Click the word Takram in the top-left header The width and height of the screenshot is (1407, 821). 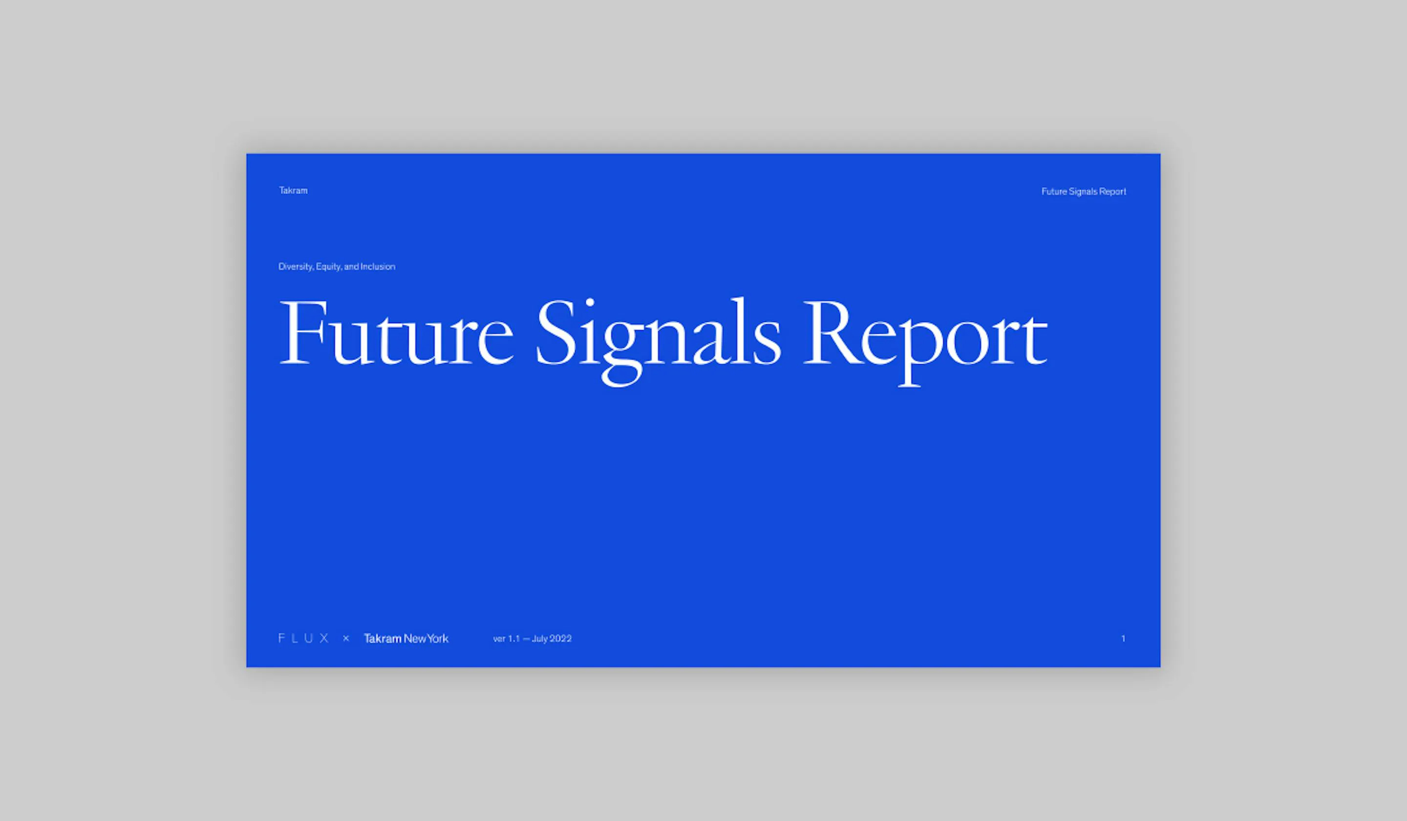(x=293, y=191)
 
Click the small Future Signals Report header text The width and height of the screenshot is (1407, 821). (x=1083, y=192)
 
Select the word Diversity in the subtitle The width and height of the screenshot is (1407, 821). (x=296, y=267)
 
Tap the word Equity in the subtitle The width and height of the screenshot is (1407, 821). (x=329, y=267)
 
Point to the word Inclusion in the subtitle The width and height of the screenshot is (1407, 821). (x=378, y=266)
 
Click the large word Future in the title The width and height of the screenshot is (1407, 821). (x=396, y=332)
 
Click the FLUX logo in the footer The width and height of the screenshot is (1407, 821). (x=304, y=638)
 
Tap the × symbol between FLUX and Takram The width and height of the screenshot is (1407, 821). (x=346, y=638)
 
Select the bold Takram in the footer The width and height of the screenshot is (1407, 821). (x=383, y=638)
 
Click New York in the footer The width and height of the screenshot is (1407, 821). (x=426, y=638)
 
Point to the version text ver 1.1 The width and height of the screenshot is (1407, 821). (x=507, y=638)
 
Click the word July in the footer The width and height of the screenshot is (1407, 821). (x=540, y=639)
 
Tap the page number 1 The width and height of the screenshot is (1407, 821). (x=1123, y=638)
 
